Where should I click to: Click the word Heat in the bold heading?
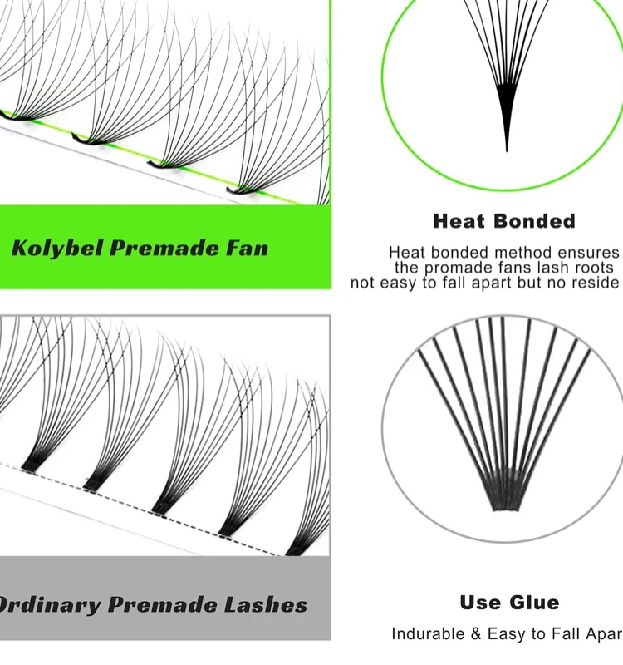[459, 221]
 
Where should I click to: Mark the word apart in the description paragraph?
[480, 283]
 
